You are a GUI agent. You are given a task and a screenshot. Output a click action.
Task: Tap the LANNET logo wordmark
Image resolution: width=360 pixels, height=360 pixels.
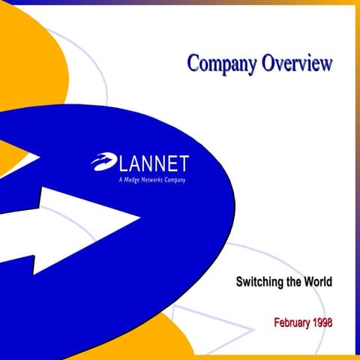click(153, 163)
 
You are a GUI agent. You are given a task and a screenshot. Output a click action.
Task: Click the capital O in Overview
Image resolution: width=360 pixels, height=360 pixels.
click(268, 63)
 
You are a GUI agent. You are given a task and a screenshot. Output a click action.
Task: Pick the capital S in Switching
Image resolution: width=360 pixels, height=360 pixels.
click(240, 283)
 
